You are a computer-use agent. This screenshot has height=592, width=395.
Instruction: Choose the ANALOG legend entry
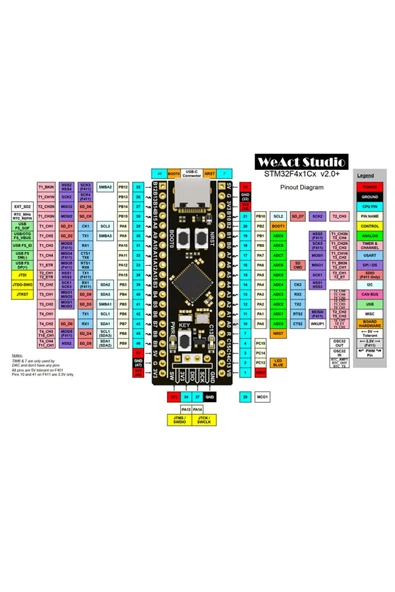tap(369, 235)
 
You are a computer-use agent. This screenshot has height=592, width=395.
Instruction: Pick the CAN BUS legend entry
tap(369, 294)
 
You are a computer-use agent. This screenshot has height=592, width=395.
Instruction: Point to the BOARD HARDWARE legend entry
tap(369, 323)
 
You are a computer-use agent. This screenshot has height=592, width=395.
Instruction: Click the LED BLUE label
tap(278, 363)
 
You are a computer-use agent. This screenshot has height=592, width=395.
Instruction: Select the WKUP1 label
tap(317, 323)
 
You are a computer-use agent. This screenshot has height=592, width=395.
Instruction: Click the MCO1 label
tap(262, 397)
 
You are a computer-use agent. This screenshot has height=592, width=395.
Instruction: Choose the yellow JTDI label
tap(22, 275)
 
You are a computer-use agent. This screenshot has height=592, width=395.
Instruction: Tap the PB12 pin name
tap(123, 187)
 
